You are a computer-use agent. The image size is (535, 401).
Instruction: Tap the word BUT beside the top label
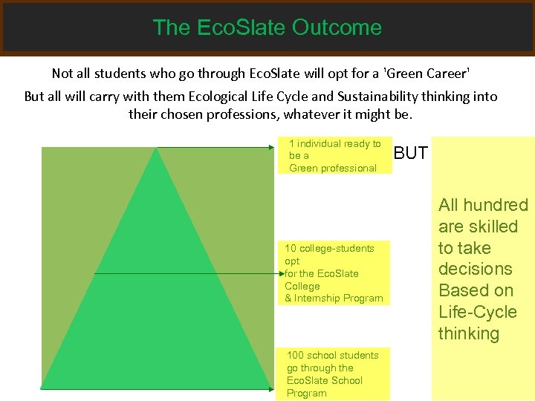point(410,154)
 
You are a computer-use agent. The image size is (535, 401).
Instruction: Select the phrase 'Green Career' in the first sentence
point(426,74)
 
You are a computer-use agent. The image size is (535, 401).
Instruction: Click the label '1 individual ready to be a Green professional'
point(334,156)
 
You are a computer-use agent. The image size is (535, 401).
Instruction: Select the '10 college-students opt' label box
point(334,273)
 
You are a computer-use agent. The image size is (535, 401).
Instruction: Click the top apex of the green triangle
point(156,149)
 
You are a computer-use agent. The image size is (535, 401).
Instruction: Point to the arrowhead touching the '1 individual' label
point(271,148)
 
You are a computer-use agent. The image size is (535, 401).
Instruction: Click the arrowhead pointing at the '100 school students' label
point(271,388)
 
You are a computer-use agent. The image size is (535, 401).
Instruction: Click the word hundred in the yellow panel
point(498,205)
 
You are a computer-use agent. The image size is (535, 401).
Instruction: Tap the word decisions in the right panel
point(476,269)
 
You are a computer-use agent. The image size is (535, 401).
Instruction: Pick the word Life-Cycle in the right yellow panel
point(478,312)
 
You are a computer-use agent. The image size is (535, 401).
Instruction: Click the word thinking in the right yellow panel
point(469,333)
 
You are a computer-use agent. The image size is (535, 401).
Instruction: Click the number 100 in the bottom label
point(295,355)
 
